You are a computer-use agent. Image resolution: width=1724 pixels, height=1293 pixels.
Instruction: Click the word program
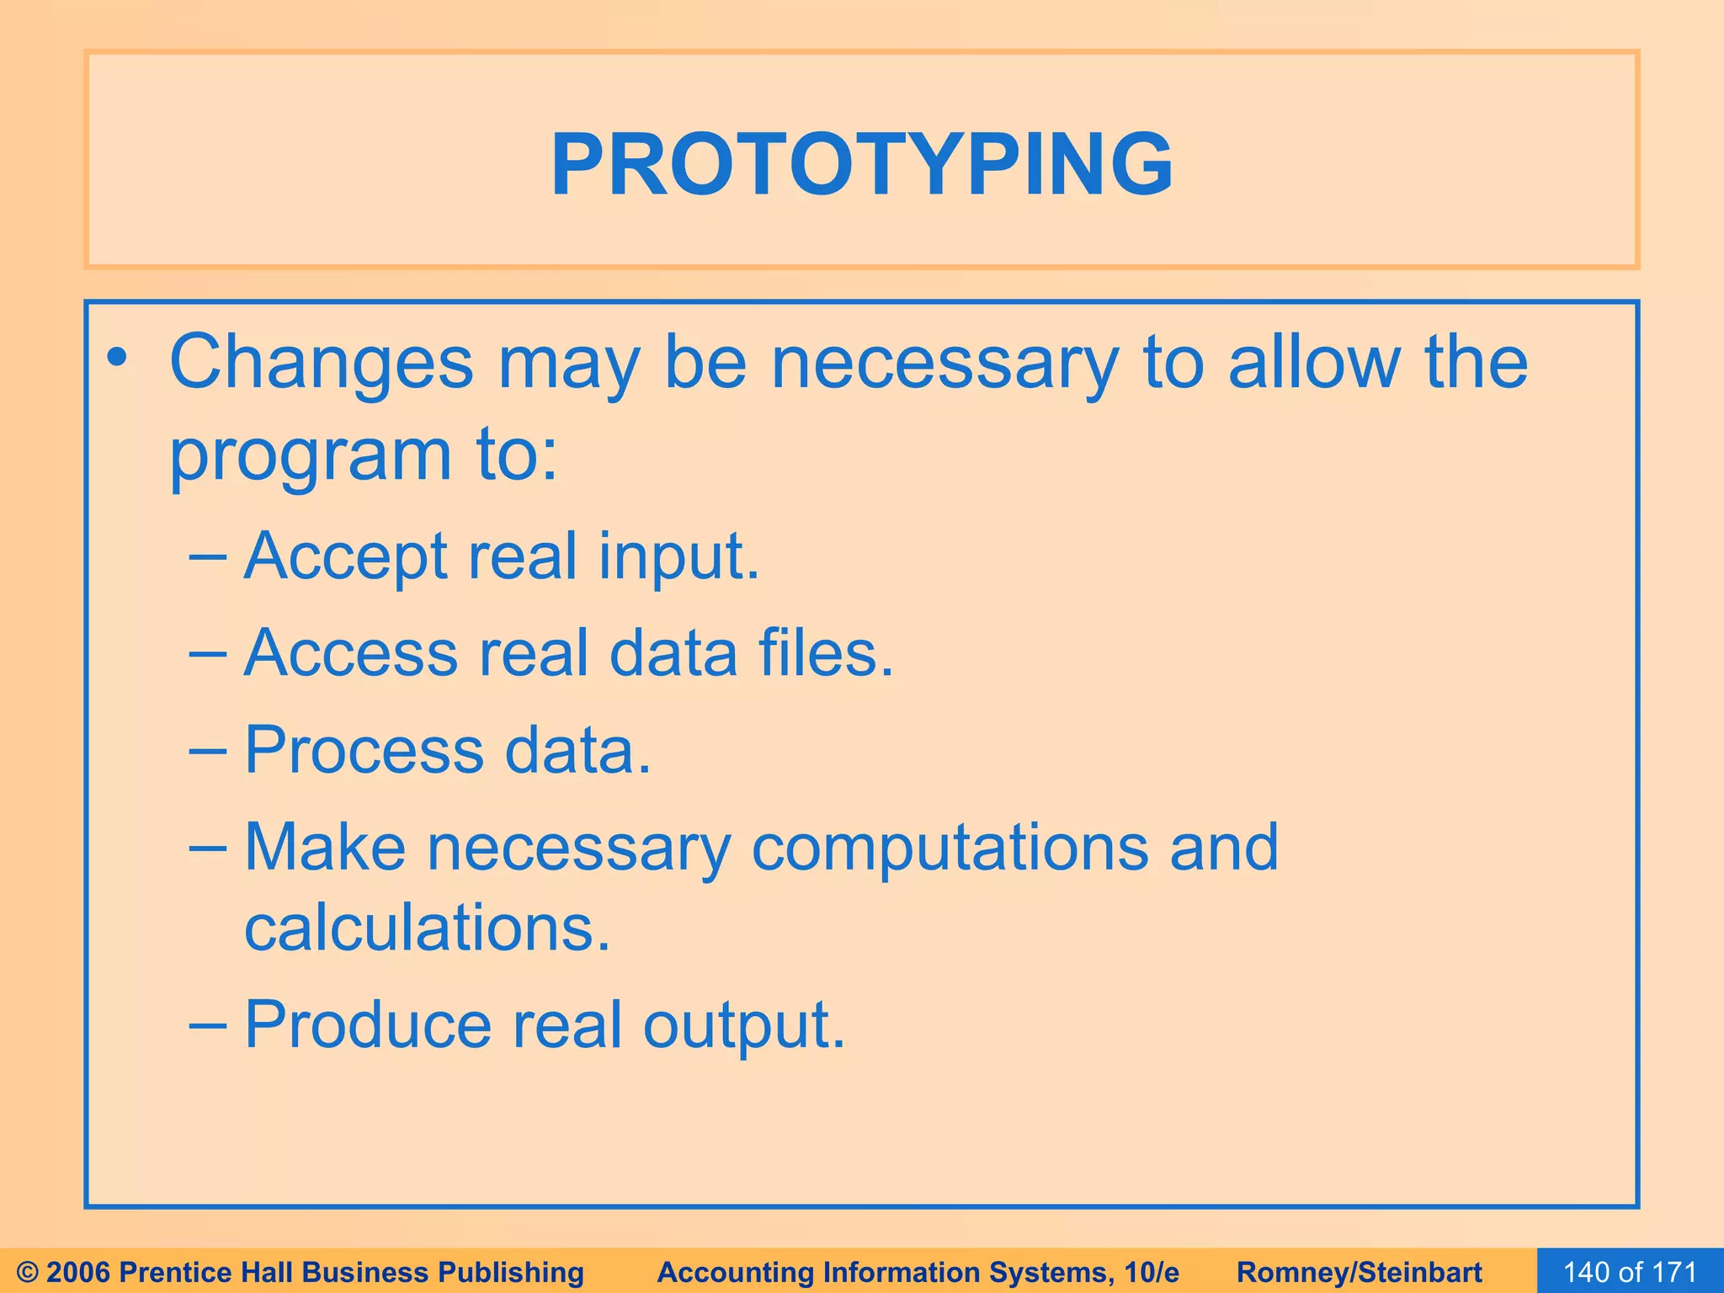click(x=311, y=456)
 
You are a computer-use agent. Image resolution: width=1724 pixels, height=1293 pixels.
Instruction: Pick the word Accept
click(x=345, y=557)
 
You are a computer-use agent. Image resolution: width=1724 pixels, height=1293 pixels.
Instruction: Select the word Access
click(x=350, y=653)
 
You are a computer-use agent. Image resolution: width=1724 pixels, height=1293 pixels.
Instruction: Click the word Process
click(x=364, y=750)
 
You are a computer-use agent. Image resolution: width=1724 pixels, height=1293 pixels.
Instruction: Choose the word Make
click(x=325, y=847)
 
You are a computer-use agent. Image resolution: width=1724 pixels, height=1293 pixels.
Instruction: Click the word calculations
click(x=427, y=928)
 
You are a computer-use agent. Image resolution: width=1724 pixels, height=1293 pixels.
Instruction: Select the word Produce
click(x=368, y=1024)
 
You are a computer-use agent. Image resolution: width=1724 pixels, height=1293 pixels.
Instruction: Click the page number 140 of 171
click(x=1630, y=1272)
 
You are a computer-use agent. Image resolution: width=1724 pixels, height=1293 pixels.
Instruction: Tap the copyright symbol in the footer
click(x=28, y=1272)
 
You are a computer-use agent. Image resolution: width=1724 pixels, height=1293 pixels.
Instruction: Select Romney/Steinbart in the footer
click(x=1360, y=1272)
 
